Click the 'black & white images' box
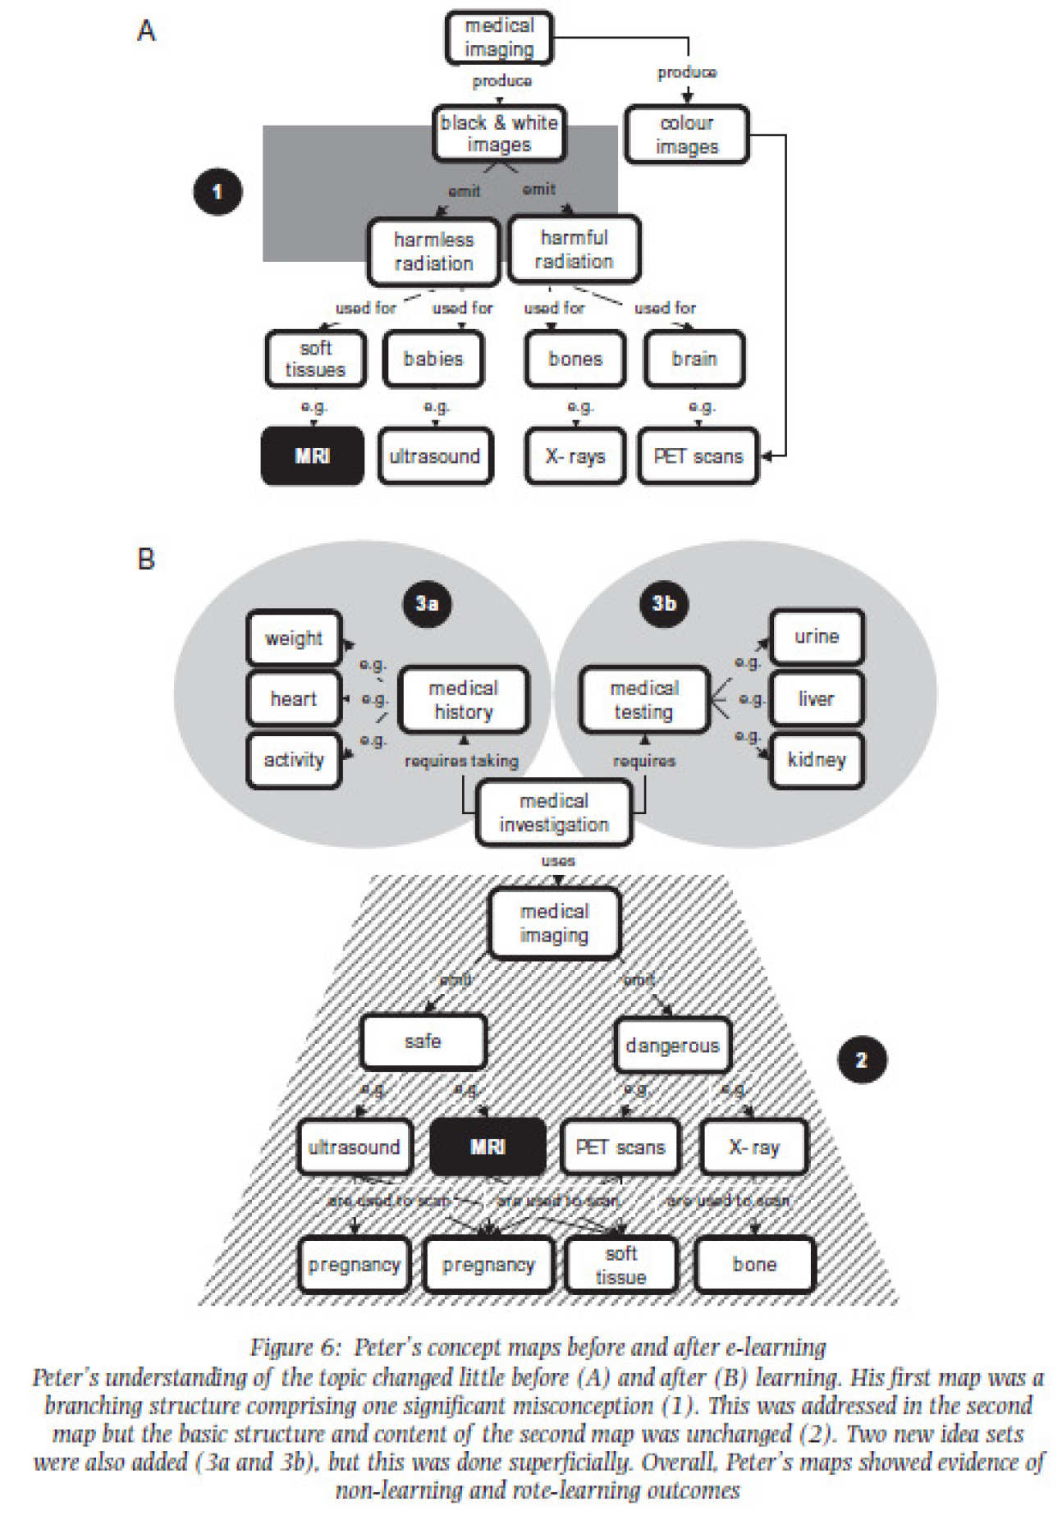(x=499, y=134)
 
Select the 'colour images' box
(x=686, y=135)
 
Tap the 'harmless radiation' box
(x=433, y=251)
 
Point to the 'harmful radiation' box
(x=574, y=249)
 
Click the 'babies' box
(x=433, y=359)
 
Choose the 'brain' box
(x=694, y=359)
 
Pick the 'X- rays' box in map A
(x=574, y=456)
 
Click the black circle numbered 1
(x=217, y=192)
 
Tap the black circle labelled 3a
(x=427, y=603)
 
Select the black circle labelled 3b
(x=663, y=603)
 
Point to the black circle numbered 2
(x=861, y=1060)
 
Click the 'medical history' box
(x=463, y=699)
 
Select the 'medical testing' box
(x=644, y=699)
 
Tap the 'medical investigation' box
(x=554, y=813)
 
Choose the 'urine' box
(x=816, y=636)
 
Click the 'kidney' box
(x=816, y=760)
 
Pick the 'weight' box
(x=293, y=638)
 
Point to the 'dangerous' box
(x=672, y=1045)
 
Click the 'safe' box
(x=423, y=1042)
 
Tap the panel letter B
(x=146, y=560)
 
